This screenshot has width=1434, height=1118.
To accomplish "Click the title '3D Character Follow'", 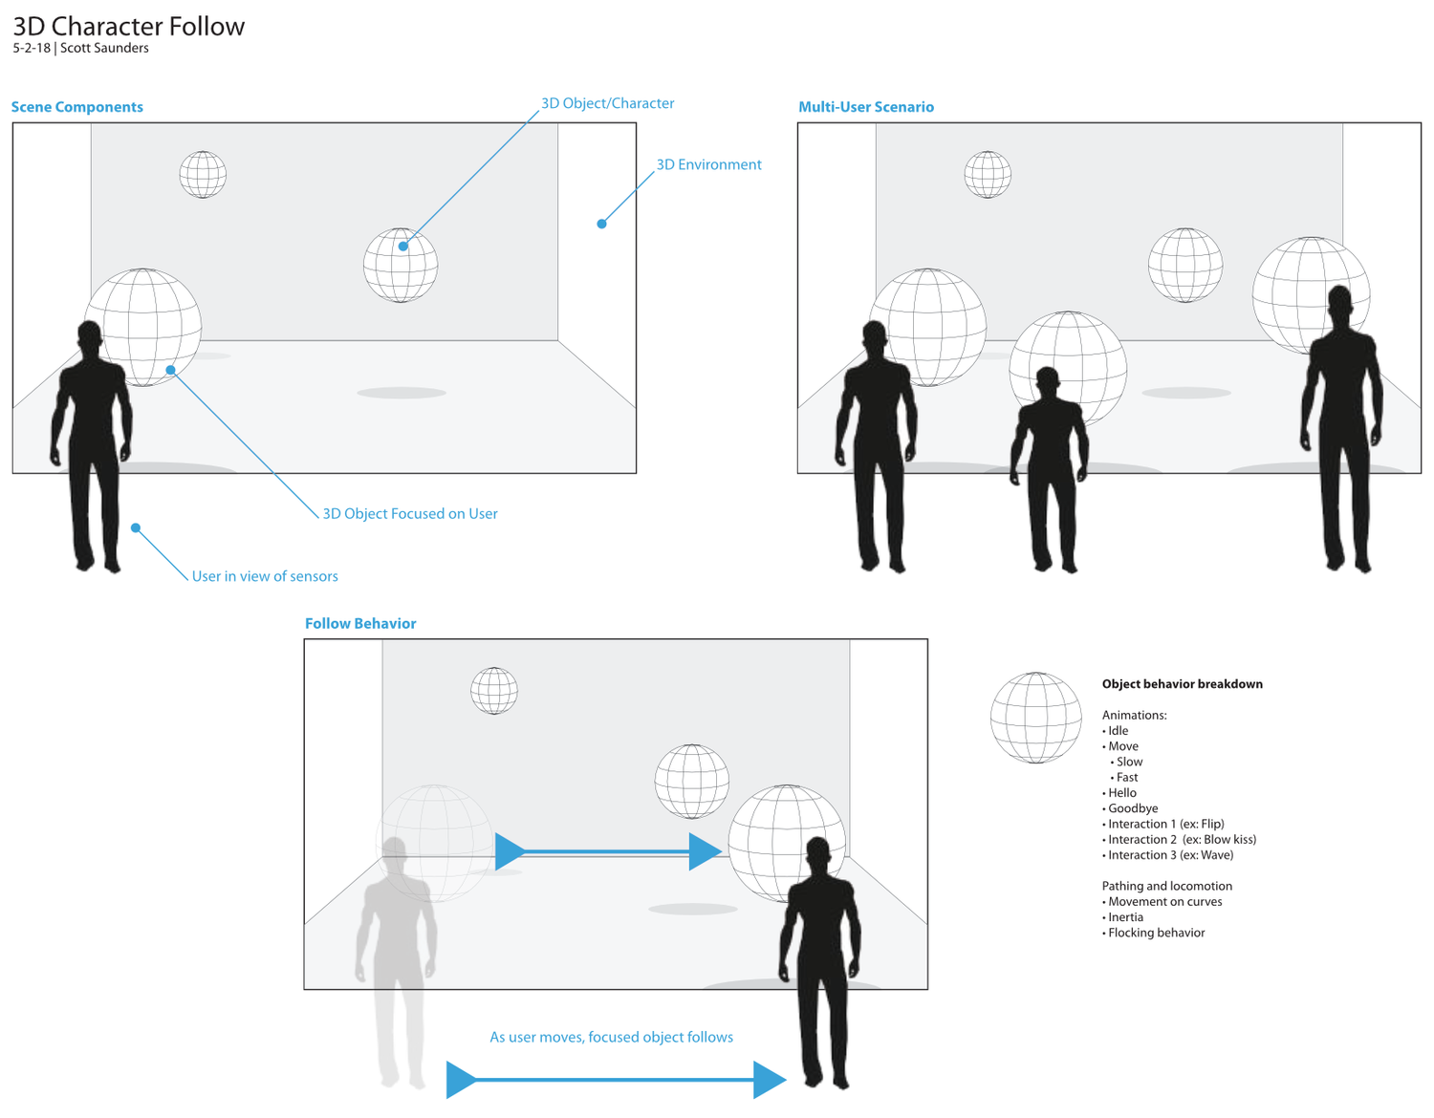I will pyautogui.click(x=129, y=26).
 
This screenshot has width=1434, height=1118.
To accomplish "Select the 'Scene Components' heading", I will pyautogui.click(x=77, y=107).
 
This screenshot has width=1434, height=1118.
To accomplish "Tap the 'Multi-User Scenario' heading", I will pyautogui.click(x=866, y=107).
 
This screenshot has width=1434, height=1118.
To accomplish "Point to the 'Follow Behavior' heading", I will pyautogui.click(x=360, y=623).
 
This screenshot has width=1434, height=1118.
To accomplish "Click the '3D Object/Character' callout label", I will pyautogui.click(x=608, y=103).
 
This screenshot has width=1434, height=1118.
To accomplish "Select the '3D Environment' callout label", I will pyautogui.click(x=708, y=164).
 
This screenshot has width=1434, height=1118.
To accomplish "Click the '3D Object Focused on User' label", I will pyautogui.click(x=409, y=513).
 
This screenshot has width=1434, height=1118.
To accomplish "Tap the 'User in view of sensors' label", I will pyautogui.click(x=265, y=576).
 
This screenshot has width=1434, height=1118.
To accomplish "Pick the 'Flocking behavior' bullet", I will pyautogui.click(x=1156, y=933).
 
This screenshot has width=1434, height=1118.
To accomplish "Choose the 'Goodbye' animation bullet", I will pyautogui.click(x=1132, y=808).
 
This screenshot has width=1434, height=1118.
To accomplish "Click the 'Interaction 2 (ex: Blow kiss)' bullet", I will pyautogui.click(x=1182, y=839).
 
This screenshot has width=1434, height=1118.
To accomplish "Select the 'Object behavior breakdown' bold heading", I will pyautogui.click(x=1182, y=684).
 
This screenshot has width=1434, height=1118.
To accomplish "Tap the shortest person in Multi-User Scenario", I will pyautogui.click(x=1050, y=468).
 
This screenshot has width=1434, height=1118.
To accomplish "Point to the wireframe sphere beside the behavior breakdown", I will pyautogui.click(x=1035, y=718).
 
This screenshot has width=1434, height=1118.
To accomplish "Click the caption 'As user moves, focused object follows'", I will pyautogui.click(x=611, y=1037).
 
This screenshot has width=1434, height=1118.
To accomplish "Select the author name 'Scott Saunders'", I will pyautogui.click(x=104, y=48).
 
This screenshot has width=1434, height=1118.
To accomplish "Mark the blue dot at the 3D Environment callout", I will pyautogui.click(x=601, y=224).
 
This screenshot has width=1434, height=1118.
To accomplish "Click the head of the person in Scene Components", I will pyautogui.click(x=90, y=337).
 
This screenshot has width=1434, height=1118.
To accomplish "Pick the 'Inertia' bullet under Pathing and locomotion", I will pyautogui.click(x=1125, y=917).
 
